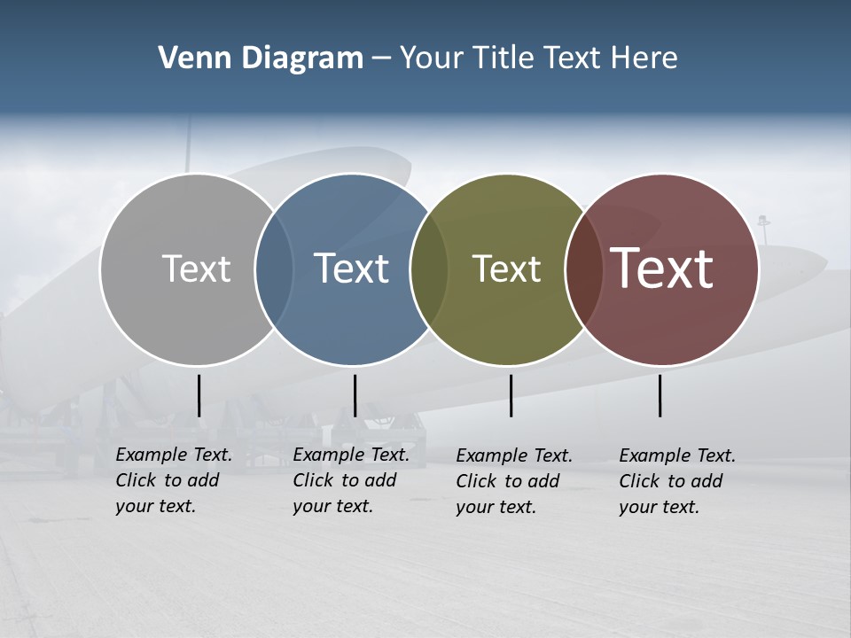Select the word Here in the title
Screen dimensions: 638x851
pyautogui.click(x=645, y=58)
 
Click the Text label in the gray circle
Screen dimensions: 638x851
pyautogui.click(x=196, y=268)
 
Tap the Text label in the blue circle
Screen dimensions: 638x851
pyautogui.click(x=351, y=268)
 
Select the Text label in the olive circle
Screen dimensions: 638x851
pyautogui.click(x=506, y=268)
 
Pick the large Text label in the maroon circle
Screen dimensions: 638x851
pyautogui.click(x=661, y=268)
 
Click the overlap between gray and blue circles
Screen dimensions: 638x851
pyautogui.click(x=274, y=269)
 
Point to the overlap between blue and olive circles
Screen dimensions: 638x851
pyautogui.click(x=429, y=269)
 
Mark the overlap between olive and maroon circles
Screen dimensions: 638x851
pyautogui.click(x=581, y=269)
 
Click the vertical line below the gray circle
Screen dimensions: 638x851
pyautogui.click(x=199, y=395)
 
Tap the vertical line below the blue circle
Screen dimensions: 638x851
pyautogui.click(x=355, y=395)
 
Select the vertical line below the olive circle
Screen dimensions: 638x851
pyautogui.click(x=511, y=395)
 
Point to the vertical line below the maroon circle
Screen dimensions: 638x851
pyautogui.click(x=660, y=395)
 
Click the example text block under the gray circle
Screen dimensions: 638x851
pyautogui.click(x=174, y=480)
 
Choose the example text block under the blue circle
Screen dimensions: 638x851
pyautogui.click(x=351, y=480)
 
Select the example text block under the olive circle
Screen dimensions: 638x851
pyautogui.click(x=514, y=481)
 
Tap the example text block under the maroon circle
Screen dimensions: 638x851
pyautogui.click(x=677, y=481)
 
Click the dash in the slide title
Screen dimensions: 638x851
pyautogui.click(x=381, y=58)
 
